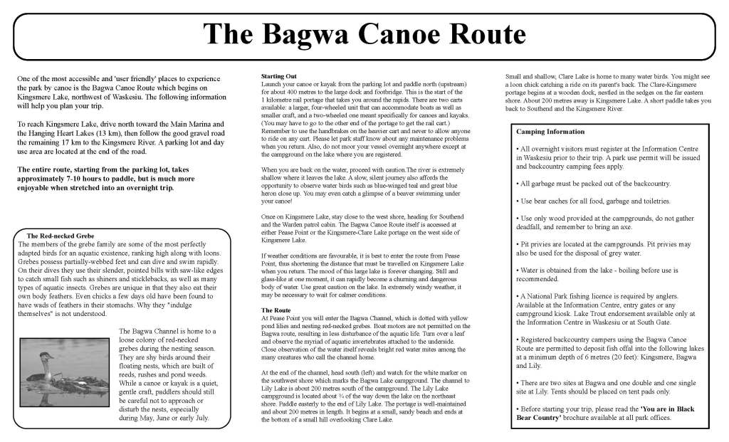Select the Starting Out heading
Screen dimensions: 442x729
280,75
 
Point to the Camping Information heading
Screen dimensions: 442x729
550,132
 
